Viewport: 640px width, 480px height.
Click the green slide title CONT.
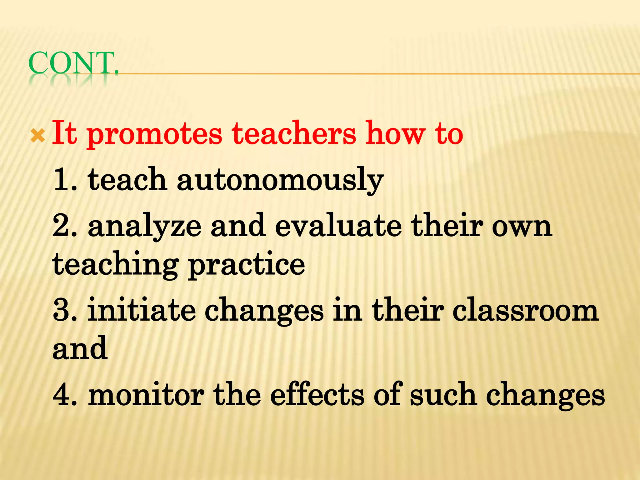pyautogui.click(x=73, y=63)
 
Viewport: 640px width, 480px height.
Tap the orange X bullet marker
pyautogui.click(x=38, y=136)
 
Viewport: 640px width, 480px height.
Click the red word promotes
pyautogui.click(x=154, y=135)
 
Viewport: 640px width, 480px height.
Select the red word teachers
pyautogui.click(x=294, y=133)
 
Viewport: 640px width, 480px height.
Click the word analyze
pyautogui.click(x=144, y=227)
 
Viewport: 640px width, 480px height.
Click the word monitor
pyautogui.click(x=146, y=395)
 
